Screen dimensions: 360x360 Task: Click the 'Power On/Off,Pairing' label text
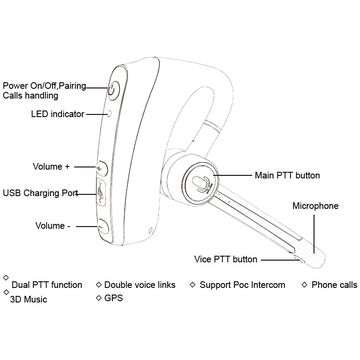47,86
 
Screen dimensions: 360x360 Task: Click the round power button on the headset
114,87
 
